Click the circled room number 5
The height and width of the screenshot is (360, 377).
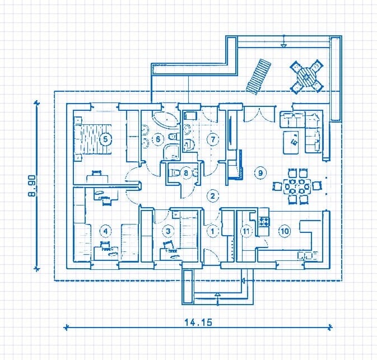(x=105, y=139)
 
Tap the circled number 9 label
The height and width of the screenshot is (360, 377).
(x=260, y=172)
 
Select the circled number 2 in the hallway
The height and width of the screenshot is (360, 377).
(x=212, y=196)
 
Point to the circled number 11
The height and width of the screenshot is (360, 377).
(x=246, y=231)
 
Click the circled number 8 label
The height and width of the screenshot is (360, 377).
(x=186, y=172)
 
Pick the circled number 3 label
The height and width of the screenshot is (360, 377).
(x=168, y=231)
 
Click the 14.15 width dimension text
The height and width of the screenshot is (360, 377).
(x=198, y=322)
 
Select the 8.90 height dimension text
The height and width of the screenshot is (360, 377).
(x=32, y=186)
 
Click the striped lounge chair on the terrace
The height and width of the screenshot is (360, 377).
(x=258, y=77)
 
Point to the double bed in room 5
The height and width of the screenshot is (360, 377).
(x=93, y=139)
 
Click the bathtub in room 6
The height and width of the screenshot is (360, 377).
(x=166, y=119)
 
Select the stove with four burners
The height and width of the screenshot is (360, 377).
(x=264, y=221)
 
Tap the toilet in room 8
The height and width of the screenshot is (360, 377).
(x=174, y=172)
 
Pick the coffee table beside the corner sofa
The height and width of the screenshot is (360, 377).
(x=291, y=142)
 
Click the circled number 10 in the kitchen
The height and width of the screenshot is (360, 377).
(x=285, y=231)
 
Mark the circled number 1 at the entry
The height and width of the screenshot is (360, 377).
(x=212, y=231)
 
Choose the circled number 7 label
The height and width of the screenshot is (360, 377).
(x=213, y=139)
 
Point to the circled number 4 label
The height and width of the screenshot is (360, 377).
(x=105, y=231)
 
